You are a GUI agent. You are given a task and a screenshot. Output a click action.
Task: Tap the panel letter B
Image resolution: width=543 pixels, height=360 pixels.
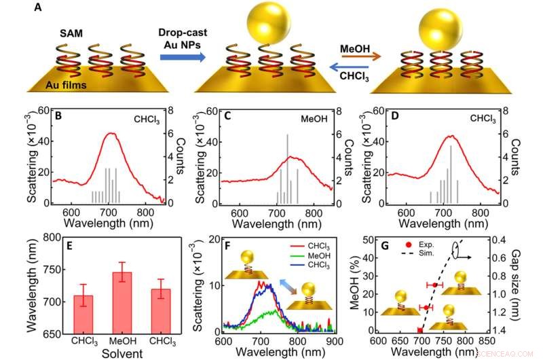(60, 117)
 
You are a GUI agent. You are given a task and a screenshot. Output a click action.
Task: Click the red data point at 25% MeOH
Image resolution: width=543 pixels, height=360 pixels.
(435, 285)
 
